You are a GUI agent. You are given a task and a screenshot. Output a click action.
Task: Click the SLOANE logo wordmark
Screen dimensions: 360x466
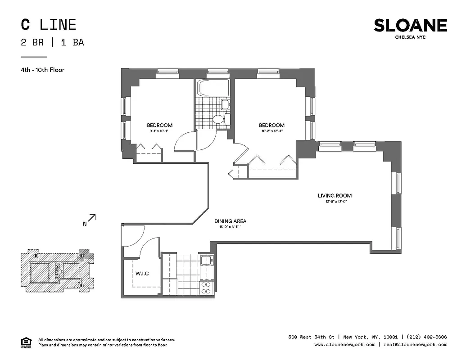pos(410,26)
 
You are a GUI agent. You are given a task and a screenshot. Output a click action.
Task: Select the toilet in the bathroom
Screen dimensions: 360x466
pos(218,120)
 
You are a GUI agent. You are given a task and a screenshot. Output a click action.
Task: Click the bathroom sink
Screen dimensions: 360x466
pos(225,105)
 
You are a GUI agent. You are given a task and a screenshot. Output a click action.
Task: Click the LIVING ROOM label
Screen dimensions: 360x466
pos(335,196)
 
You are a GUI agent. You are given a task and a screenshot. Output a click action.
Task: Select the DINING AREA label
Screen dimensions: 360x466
pos(230,221)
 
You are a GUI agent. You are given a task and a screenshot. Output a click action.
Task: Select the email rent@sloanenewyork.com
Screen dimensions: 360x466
pos(414,345)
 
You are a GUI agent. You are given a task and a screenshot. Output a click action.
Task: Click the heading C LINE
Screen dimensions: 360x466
pos(48,25)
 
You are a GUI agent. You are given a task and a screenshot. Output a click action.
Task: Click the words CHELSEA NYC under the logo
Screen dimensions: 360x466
pos(410,37)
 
